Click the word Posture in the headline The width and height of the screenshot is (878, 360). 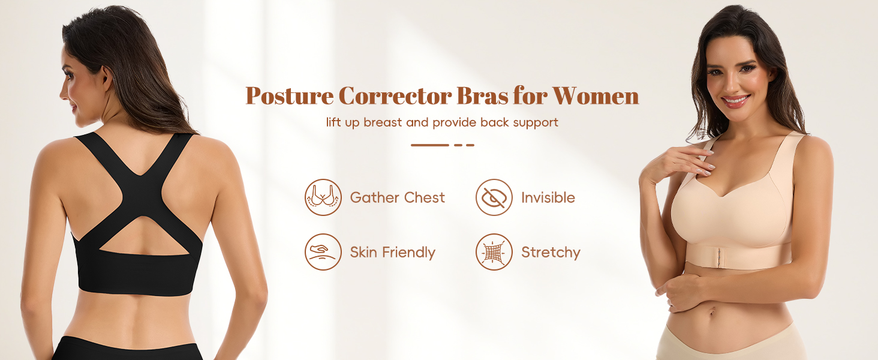tap(289, 96)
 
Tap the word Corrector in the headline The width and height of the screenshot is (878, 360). tap(395, 96)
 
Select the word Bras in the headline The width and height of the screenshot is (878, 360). tap(482, 95)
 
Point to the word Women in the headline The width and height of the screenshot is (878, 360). tap(596, 96)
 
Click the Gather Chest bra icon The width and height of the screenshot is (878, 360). tap(323, 197)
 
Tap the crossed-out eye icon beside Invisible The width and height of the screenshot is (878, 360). tap(494, 197)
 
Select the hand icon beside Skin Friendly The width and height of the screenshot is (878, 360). tap(323, 252)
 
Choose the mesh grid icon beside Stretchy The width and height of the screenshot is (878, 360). tap(494, 252)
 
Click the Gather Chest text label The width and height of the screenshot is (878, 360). tap(397, 197)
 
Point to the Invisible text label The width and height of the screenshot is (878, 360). tap(548, 197)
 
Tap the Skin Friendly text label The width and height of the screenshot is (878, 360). tap(392, 253)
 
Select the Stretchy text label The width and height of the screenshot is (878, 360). tap(551, 253)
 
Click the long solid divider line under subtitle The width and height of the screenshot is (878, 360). tap(429, 145)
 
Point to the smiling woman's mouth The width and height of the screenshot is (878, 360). tap(735, 101)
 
